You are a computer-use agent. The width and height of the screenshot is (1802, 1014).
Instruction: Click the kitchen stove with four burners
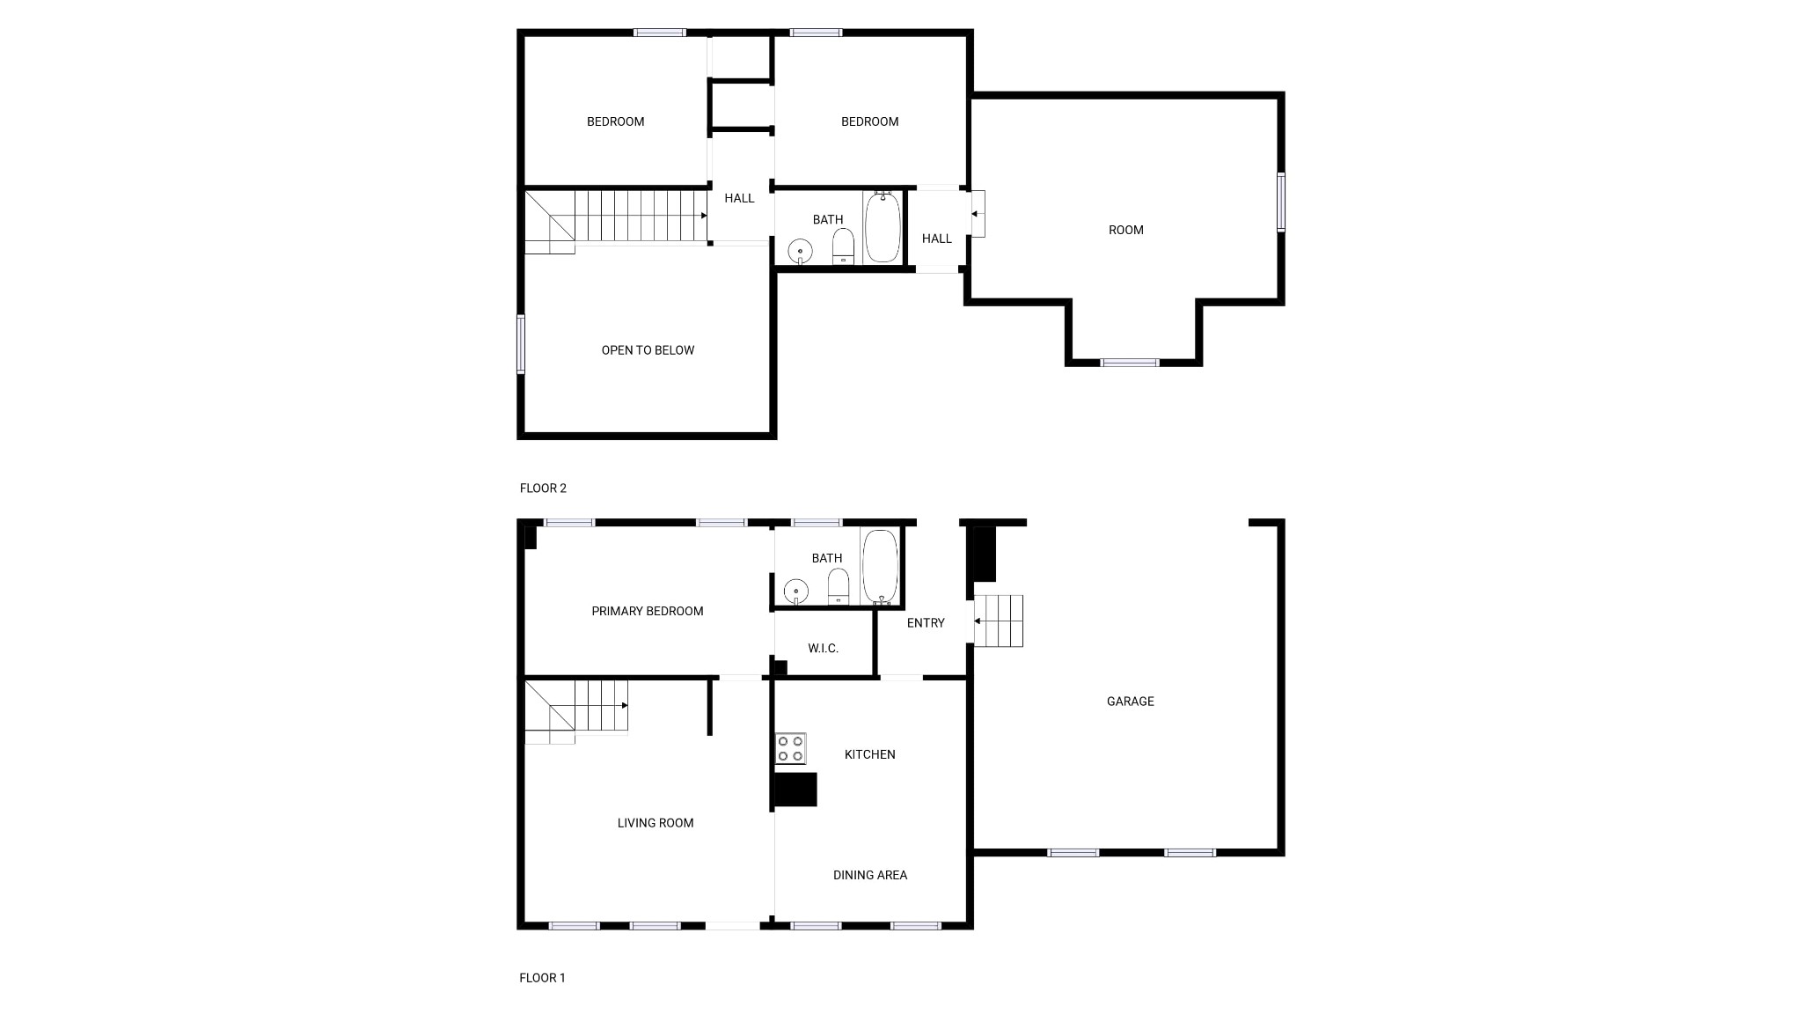[x=790, y=748]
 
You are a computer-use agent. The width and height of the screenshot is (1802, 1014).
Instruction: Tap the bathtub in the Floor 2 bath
[x=883, y=227]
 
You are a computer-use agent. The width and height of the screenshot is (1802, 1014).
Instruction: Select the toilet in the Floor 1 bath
[x=839, y=587]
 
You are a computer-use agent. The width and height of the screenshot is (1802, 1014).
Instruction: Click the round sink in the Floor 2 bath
[x=800, y=251]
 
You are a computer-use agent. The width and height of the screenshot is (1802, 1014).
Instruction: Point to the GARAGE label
[x=1130, y=702]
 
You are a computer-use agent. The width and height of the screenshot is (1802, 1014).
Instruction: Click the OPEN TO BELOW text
[x=648, y=350]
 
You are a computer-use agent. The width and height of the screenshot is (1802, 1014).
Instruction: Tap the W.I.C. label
[x=823, y=649]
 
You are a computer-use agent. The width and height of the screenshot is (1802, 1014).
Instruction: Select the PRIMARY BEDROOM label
[x=648, y=612]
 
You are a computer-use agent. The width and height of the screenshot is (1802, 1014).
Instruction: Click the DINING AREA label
[x=870, y=875]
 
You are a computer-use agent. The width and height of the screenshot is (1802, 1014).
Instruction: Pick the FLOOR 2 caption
[x=543, y=489]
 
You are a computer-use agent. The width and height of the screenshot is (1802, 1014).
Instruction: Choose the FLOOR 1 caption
[x=542, y=978]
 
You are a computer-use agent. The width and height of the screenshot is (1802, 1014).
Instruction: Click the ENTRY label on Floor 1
[x=926, y=623]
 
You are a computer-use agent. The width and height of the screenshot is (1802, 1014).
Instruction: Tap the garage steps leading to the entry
[x=999, y=621]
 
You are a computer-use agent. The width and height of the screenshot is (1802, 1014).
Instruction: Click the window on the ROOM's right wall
[x=1281, y=202]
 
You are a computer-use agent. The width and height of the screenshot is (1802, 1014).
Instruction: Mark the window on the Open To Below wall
[x=521, y=344]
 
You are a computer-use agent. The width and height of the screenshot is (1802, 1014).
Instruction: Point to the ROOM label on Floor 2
[x=1126, y=231]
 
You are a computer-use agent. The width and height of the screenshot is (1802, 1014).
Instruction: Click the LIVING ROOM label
[x=656, y=824]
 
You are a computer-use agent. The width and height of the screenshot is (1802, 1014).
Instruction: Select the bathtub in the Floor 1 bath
[x=880, y=567]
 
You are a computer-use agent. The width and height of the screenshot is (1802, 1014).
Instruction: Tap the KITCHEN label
[x=870, y=755]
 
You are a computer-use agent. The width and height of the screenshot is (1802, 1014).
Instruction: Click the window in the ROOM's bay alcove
[x=1131, y=363]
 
